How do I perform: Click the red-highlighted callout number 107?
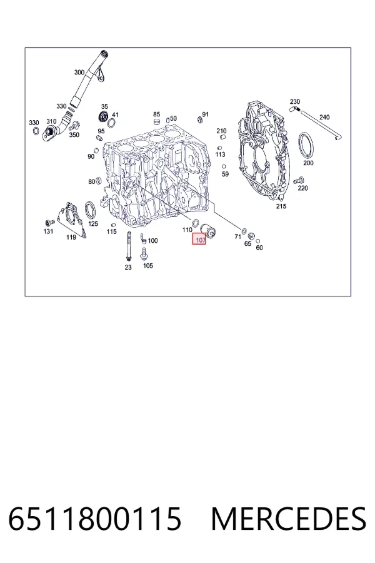(199, 240)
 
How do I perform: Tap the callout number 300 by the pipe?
(79, 72)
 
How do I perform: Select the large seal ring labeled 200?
(306, 145)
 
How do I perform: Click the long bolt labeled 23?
(128, 246)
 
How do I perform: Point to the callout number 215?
(281, 206)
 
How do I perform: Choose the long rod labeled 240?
(321, 126)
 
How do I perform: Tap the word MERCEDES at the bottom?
(289, 519)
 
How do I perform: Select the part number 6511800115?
(95, 519)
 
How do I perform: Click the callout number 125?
(93, 224)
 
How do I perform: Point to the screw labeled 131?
(49, 223)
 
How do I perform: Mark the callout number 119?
(71, 237)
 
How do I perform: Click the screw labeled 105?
(144, 254)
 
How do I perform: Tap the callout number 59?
(225, 174)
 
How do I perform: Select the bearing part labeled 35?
(104, 117)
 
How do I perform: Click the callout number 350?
(74, 134)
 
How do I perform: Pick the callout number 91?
(205, 114)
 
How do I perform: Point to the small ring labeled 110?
(196, 223)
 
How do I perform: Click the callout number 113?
(220, 154)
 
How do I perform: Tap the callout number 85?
(156, 114)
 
